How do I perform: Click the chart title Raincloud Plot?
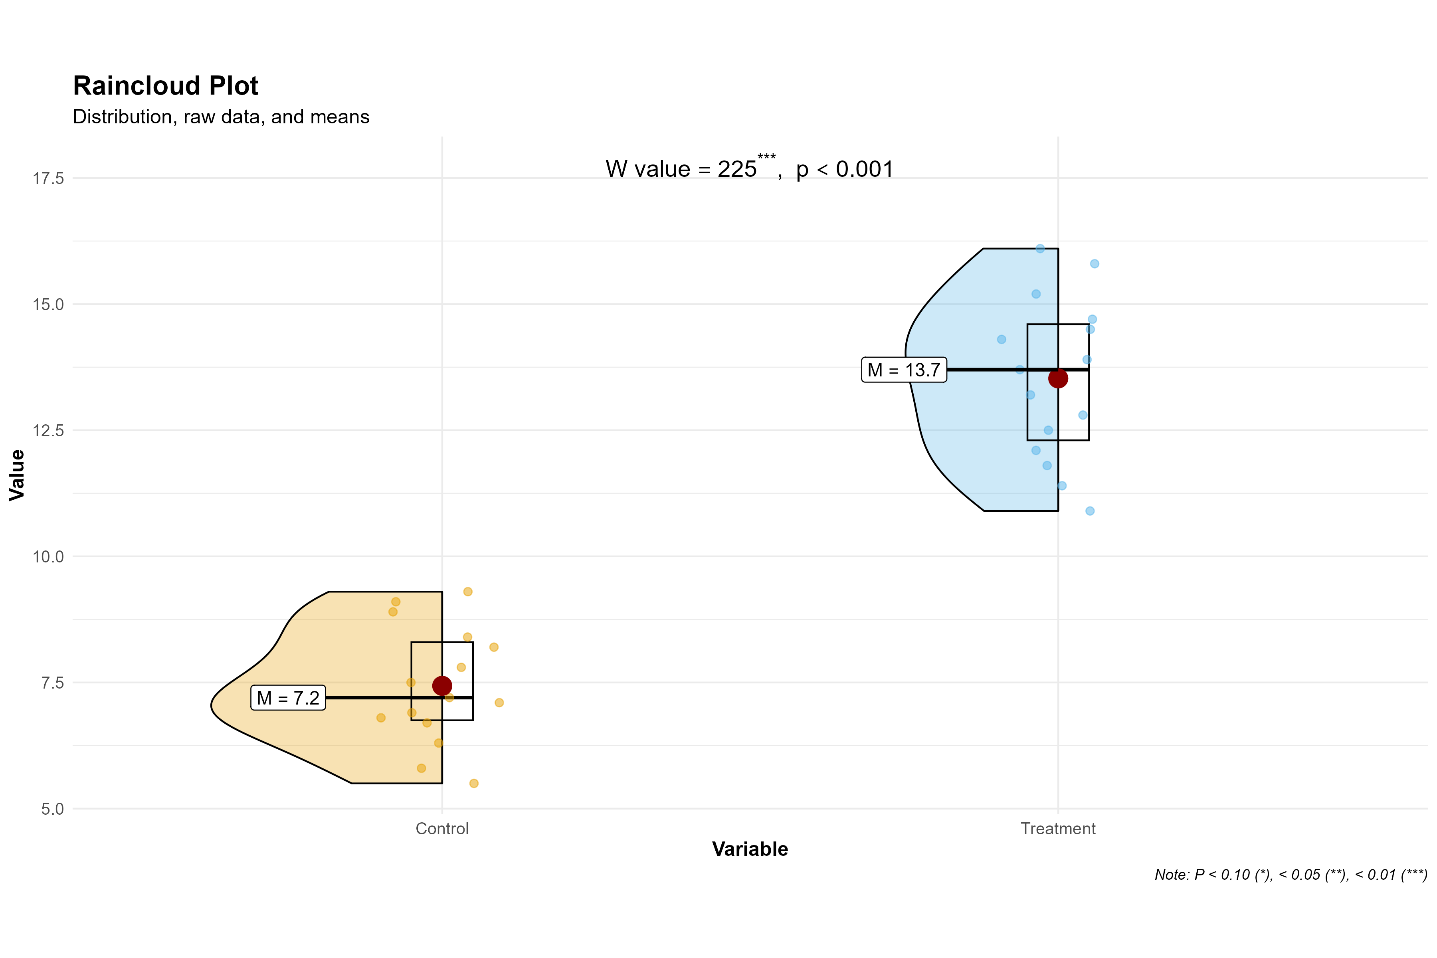click(166, 85)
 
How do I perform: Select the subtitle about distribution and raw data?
click(221, 117)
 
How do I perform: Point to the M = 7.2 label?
click(288, 698)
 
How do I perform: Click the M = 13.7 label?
click(904, 370)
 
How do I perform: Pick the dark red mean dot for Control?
click(442, 685)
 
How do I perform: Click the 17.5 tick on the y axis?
click(48, 178)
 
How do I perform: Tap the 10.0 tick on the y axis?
click(48, 556)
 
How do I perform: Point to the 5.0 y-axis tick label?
click(53, 809)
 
